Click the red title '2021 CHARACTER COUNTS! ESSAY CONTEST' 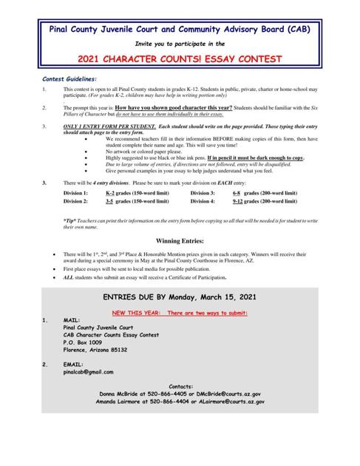pyautogui.click(x=180, y=58)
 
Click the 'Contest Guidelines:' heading pyautogui.click(x=69, y=79)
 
